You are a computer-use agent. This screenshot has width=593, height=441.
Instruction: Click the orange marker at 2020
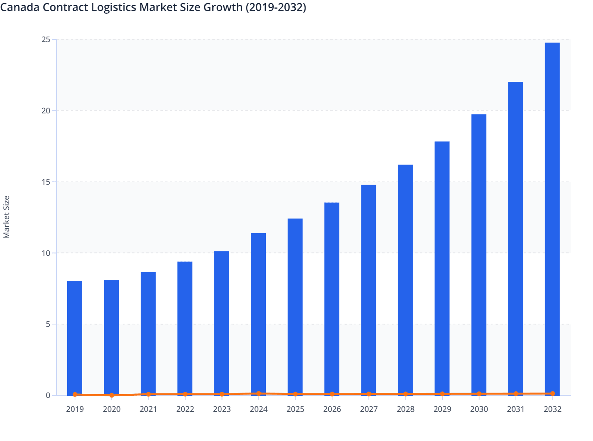pos(112,395)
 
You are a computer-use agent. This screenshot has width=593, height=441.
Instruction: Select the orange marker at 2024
pos(258,393)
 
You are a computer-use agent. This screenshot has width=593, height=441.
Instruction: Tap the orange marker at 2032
pos(552,393)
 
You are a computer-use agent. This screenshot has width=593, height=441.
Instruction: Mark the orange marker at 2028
pos(405,394)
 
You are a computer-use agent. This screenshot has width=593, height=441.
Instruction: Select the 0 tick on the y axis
pos(48,395)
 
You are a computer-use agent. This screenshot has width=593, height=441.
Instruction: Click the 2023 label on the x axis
pos(222,409)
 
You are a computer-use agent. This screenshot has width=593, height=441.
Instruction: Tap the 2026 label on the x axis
pos(332,409)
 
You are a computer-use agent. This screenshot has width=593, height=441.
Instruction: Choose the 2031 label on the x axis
pos(516,409)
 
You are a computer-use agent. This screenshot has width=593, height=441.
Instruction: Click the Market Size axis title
pos(6,217)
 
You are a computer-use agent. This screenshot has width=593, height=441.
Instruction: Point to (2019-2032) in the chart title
pos(276,7)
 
